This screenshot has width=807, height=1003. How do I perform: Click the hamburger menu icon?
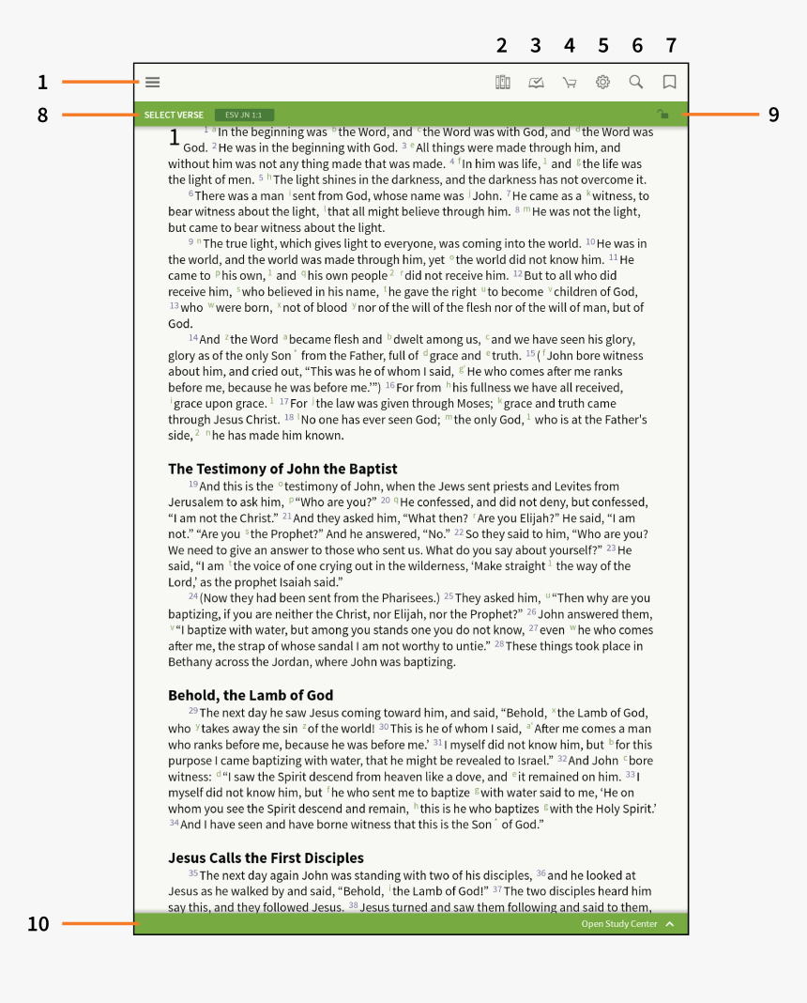152,82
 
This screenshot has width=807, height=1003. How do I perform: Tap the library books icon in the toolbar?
502,82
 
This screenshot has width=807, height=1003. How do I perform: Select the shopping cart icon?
569,83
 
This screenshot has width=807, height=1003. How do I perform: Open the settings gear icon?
602,82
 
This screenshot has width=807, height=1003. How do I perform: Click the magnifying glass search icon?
636,82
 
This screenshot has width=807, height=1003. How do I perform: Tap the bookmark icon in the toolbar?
669,82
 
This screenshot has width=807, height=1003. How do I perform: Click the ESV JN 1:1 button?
244,115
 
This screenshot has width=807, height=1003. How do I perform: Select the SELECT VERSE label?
174,115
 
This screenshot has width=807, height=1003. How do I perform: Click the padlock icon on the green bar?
662,115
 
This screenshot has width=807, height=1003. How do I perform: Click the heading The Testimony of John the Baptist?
282,469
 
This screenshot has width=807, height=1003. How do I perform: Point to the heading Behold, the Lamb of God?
251,695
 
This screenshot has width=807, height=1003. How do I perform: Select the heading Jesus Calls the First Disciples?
266,857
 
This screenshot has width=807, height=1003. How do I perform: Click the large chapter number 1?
174,138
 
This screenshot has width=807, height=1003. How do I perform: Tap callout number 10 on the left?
38,924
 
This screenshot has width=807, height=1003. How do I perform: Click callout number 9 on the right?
774,115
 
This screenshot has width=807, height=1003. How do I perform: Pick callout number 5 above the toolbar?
603,45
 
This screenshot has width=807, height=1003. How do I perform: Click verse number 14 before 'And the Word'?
193,338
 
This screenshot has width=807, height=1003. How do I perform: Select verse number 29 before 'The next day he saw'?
192,711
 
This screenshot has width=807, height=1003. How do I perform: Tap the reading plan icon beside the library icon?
536,83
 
